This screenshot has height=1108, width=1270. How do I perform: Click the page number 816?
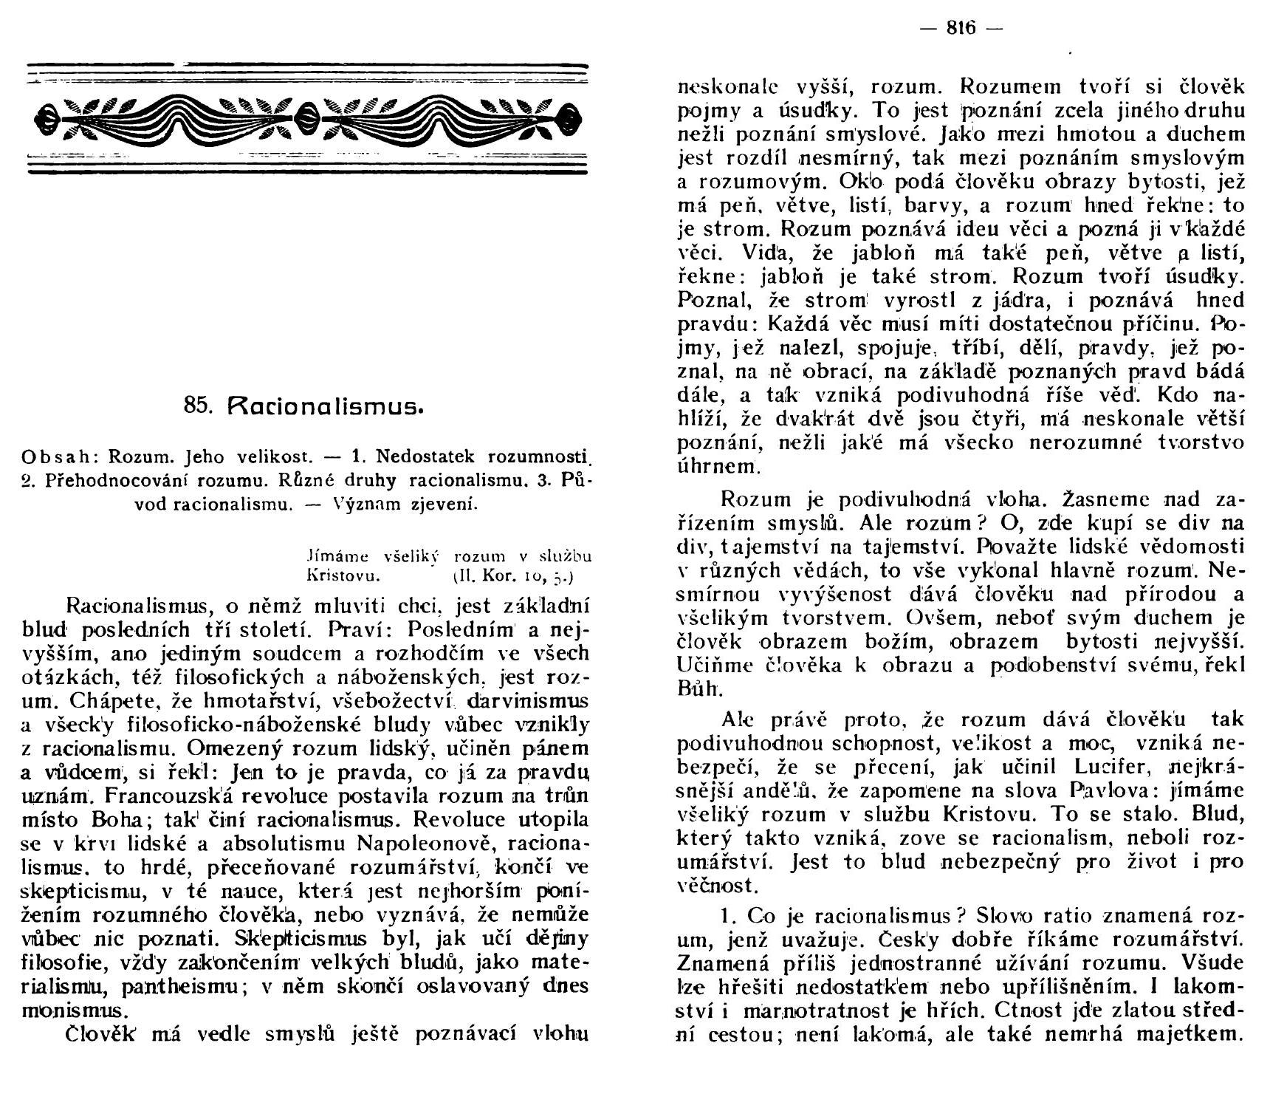tap(961, 28)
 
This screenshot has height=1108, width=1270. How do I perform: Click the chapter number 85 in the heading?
tap(196, 406)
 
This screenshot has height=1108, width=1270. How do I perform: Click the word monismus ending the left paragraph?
tap(75, 1010)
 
